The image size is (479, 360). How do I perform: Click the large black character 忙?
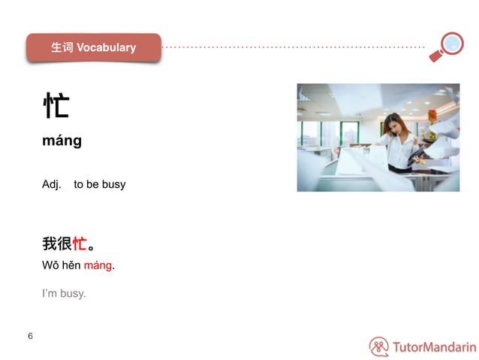pos(56,105)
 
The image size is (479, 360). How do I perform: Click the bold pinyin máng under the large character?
pos(62,141)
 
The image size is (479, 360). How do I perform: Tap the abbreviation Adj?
pos(51,184)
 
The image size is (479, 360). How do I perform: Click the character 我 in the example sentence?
pos(50,244)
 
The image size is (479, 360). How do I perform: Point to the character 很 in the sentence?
pos(65,244)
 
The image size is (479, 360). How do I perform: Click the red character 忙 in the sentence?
pos(80,244)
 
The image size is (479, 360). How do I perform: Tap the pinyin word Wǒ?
pos(50,265)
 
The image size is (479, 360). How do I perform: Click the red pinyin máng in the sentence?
pos(98,266)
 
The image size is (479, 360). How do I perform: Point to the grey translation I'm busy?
pos(64,293)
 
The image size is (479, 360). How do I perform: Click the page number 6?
pos(30,336)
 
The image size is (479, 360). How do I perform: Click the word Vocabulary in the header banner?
pos(106,47)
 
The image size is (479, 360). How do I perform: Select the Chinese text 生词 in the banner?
pos(62,47)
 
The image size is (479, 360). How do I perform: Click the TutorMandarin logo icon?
pos(379,346)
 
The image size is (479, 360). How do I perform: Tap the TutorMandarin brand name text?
pos(434,347)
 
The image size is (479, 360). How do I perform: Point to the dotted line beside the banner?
pos(293,47)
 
